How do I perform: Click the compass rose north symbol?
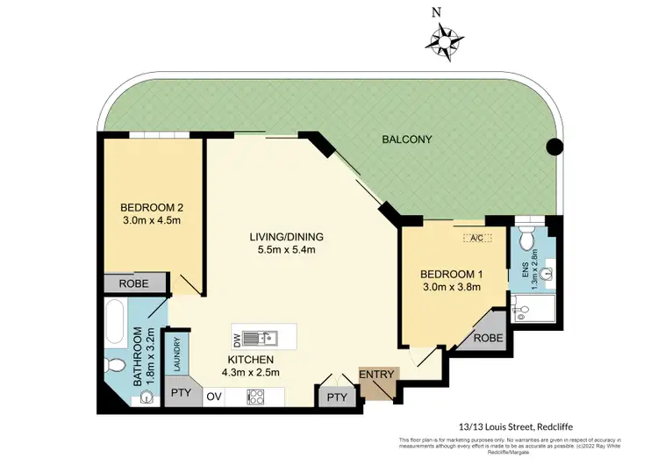click(x=446, y=38)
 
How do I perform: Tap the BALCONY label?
click(x=407, y=139)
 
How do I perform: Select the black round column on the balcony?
click(x=554, y=147)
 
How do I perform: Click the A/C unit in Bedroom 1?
click(x=477, y=237)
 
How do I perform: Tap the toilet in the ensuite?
click(x=526, y=237)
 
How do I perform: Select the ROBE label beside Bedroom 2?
click(x=134, y=283)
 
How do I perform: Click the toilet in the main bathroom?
click(x=114, y=366)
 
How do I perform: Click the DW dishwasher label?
click(x=236, y=338)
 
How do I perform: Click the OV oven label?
click(x=214, y=397)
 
